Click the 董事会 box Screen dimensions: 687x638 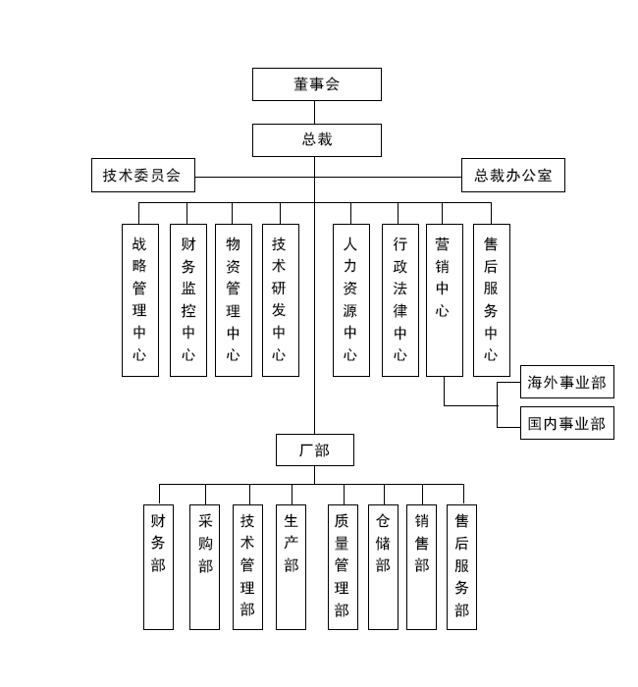316,84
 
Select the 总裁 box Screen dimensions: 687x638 316,139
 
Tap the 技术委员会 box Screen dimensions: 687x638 142,176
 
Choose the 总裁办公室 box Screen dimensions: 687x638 513,176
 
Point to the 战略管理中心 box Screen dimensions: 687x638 139,299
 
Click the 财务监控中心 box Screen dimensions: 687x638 187,299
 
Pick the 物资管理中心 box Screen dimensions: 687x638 233,299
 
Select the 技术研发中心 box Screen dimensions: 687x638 280,299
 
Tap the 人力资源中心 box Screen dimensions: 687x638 350,299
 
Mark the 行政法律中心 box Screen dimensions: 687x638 399,299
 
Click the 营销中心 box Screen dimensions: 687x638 444,299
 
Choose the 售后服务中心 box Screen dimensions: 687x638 491,299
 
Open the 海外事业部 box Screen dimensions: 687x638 566,382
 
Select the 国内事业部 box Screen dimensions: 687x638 566,423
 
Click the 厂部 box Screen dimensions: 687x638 314,449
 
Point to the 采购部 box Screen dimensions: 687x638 205,566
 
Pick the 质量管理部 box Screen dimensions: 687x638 343,566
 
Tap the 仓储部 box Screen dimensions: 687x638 383,566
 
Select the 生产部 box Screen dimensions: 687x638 291,566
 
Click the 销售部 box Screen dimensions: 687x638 421,566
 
